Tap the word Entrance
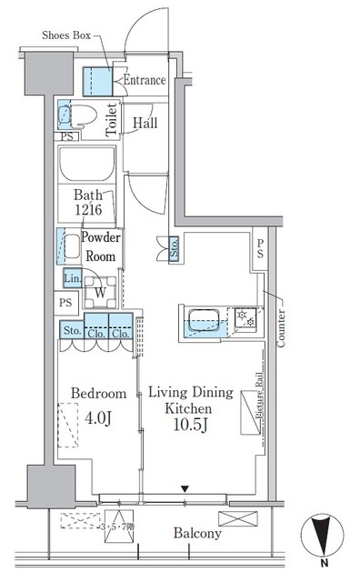coord(144,80)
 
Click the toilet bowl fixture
coord(76,115)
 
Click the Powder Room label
coord(100,246)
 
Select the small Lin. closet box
coord(71,278)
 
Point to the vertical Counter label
coord(280,327)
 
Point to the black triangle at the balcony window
coord(185,489)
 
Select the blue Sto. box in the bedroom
coord(71,331)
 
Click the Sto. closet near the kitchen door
coord(173,249)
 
